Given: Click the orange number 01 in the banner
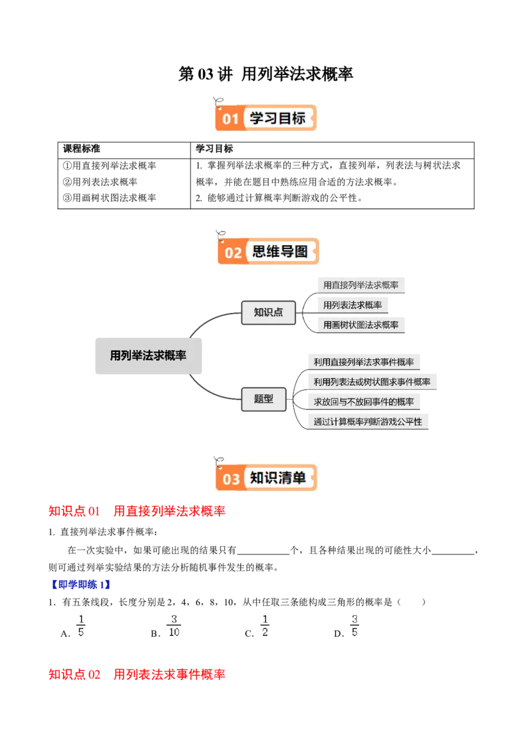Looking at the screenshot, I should [x=230, y=119].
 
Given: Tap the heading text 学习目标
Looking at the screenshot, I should [x=277, y=118].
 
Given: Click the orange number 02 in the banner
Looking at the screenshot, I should [x=233, y=252].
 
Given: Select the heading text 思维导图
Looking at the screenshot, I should [x=280, y=252].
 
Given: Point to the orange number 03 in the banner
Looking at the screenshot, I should [x=231, y=478].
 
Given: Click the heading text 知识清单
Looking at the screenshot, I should [x=277, y=478].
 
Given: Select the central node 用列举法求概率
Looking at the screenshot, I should [x=148, y=355].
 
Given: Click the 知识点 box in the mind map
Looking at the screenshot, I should [x=268, y=312].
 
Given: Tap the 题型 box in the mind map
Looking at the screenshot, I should [x=263, y=399].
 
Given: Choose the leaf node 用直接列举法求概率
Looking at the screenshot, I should [x=361, y=285].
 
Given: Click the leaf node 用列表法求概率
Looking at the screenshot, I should [x=352, y=305].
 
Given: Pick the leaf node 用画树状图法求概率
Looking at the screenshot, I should [x=361, y=325].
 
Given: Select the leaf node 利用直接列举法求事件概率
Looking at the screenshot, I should [x=364, y=362].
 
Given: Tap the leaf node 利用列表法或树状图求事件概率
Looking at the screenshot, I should [x=372, y=382].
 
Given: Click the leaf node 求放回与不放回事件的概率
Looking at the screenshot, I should [x=364, y=402].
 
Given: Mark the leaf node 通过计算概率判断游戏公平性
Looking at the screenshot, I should [x=368, y=421].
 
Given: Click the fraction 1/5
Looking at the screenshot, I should [x=82, y=624].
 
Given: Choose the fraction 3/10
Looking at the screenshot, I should [x=174, y=624].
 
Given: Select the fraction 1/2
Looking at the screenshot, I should [x=264, y=624].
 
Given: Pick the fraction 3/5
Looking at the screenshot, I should [x=354, y=624].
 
